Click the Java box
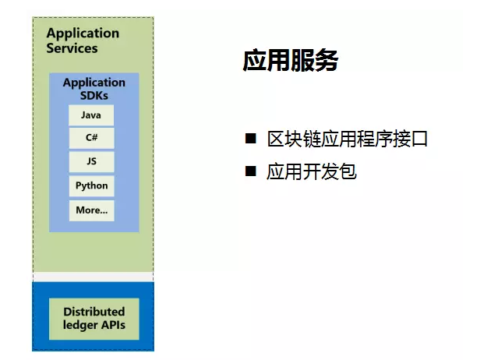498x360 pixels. [x=91, y=115]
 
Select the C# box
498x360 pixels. [x=91, y=138]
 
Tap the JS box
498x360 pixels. [x=91, y=162]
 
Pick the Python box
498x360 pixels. [x=91, y=186]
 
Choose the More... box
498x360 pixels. [x=91, y=210]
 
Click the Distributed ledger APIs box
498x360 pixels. [x=94, y=319]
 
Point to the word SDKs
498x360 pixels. [x=94, y=96]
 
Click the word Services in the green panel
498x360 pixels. [x=72, y=48]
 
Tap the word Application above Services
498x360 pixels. [x=83, y=34]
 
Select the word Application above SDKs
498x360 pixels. [x=94, y=83]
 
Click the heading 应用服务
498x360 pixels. [x=290, y=60]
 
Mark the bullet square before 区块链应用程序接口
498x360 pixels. [x=251, y=139]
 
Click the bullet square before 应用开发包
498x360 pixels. [x=251, y=171]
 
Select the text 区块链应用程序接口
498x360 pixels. [x=348, y=139]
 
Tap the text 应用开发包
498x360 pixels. [x=312, y=171]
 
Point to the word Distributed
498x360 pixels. [x=94, y=312]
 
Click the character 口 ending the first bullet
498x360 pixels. [x=419, y=139]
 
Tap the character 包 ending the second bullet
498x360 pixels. [x=348, y=171]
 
